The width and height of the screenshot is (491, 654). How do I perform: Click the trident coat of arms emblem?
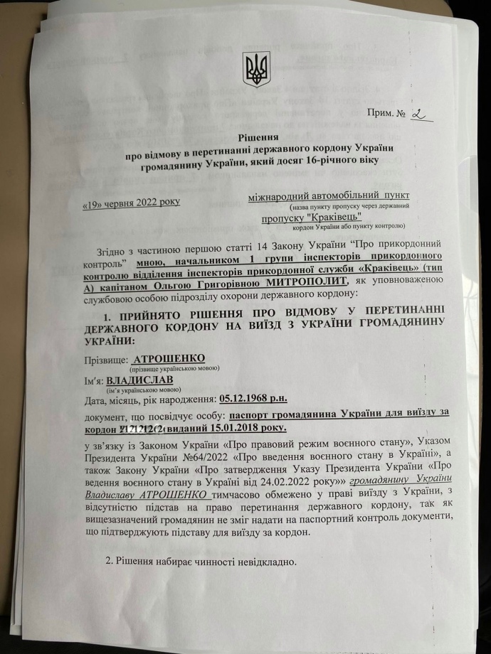255,69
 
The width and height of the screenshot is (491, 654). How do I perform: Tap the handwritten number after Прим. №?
420,114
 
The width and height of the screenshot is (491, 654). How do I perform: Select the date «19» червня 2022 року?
132,202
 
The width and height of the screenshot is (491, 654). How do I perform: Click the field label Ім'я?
94,382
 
